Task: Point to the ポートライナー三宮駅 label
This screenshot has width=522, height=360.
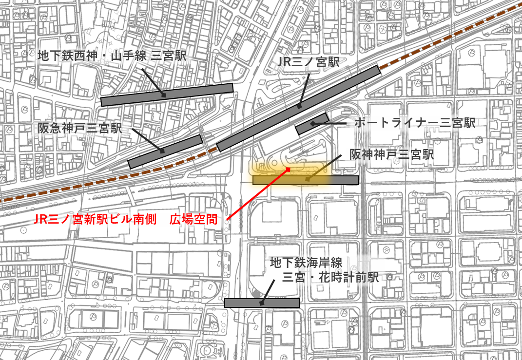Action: tap(415, 123)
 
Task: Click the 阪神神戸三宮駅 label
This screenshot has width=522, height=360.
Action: tap(391, 155)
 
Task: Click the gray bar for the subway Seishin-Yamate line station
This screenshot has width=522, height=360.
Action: tap(167, 95)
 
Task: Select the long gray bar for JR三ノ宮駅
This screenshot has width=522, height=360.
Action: tap(298, 108)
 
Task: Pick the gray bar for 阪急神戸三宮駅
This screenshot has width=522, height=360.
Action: tap(165, 152)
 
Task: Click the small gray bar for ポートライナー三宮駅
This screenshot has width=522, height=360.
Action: tap(312, 124)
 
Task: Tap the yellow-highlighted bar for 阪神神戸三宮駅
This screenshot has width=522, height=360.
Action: tap(306, 180)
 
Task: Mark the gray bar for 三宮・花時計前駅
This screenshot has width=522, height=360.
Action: tap(262, 303)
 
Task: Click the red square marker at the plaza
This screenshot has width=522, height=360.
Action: tap(288, 170)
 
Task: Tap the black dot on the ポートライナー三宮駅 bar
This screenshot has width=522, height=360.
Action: tap(312, 124)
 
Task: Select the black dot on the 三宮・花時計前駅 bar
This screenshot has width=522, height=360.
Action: tap(262, 303)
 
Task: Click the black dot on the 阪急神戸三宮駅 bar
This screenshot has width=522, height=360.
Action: tap(162, 152)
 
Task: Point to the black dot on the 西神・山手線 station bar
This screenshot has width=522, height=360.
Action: tap(164, 95)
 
